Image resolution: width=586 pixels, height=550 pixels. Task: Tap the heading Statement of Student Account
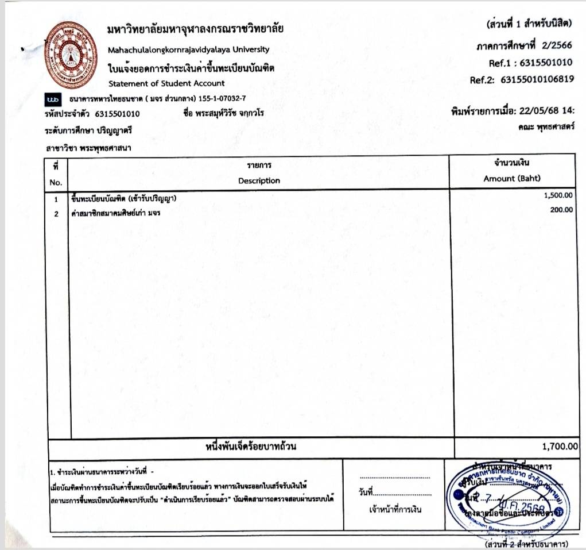tap(166, 84)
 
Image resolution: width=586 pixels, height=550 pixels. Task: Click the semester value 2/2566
tap(555, 46)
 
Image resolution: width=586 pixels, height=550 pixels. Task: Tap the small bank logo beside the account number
tap(53, 99)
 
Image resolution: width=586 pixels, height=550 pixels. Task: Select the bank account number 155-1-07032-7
tap(223, 99)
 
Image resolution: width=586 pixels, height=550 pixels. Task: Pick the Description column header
tap(259, 180)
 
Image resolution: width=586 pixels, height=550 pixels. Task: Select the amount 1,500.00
tap(558, 195)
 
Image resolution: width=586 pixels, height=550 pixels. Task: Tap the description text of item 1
tap(123, 199)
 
